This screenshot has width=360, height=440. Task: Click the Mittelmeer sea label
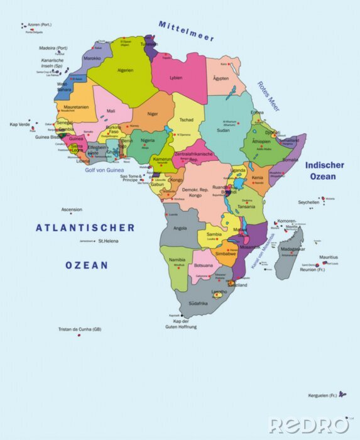[186, 31]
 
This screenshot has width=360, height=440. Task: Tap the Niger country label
[153, 114]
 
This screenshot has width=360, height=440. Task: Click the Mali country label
[111, 111]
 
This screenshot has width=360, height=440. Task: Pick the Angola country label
[180, 228]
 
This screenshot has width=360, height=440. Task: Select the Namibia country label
[177, 260]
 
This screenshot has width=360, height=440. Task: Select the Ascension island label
[71, 209]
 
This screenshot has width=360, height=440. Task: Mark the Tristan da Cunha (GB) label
[80, 329]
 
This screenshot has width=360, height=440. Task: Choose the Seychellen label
[308, 202]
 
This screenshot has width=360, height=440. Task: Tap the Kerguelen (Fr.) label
[323, 395]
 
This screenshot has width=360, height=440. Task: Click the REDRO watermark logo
[308, 425]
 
